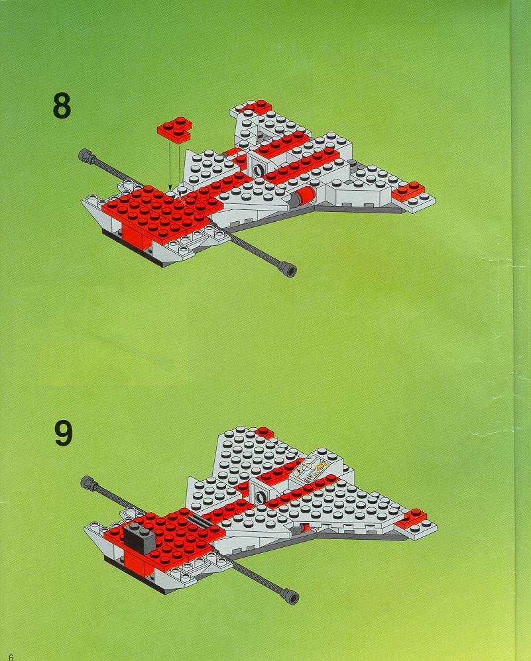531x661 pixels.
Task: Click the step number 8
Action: click(x=62, y=106)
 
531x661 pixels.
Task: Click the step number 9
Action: click(x=64, y=433)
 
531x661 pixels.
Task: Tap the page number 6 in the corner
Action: click(x=11, y=657)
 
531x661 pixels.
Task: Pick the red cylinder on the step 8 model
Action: click(x=305, y=196)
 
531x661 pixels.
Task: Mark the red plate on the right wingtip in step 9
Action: click(x=411, y=518)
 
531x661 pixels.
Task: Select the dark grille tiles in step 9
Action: click(x=200, y=521)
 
